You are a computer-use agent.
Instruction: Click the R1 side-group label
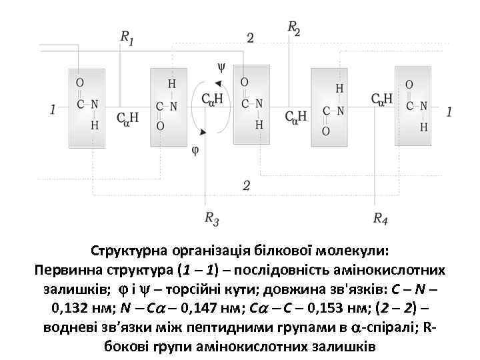coord(127,39)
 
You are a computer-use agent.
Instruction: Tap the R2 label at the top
coord(294,28)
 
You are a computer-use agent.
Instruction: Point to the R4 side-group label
coord(381,217)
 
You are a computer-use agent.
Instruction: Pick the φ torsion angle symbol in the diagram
coord(195,149)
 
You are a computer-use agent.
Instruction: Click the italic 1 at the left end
coord(53,109)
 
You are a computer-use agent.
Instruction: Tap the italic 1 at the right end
coord(449,112)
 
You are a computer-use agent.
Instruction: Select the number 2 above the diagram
coord(250,38)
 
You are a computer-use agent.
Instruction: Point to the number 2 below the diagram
coord(246,185)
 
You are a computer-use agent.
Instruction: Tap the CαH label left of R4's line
coord(381,99)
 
